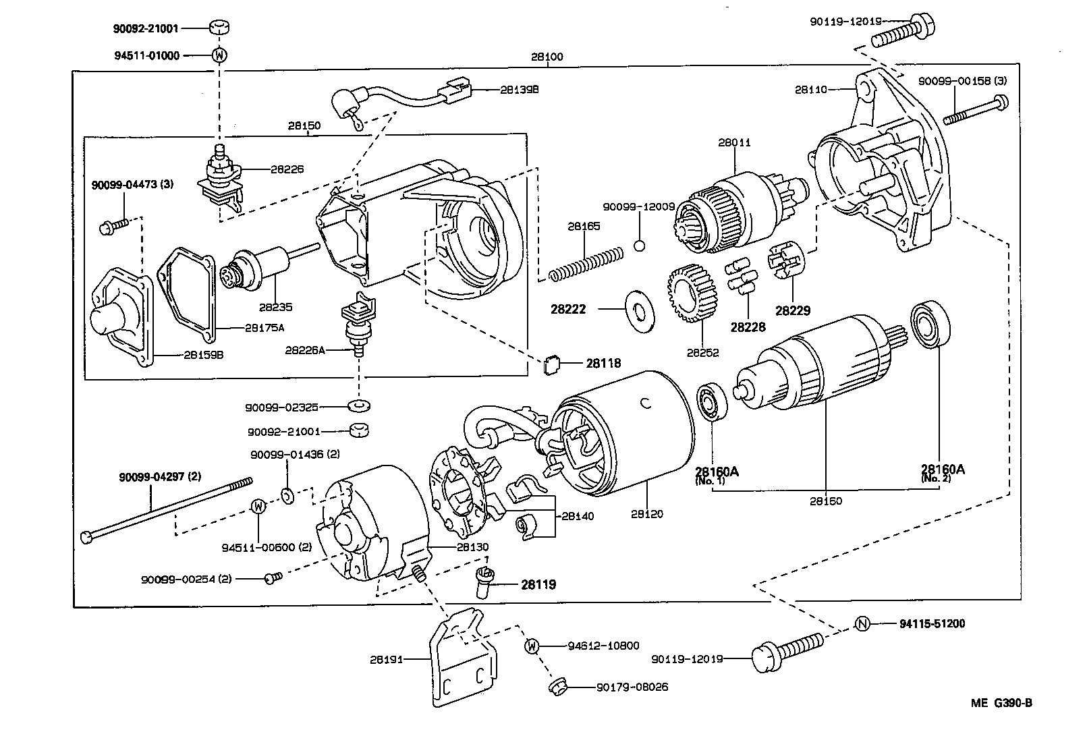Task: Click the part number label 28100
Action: click(x=547, y=57)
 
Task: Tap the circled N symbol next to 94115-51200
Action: click(x=862, y=624)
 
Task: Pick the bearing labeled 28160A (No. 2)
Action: click(x=931, y=326)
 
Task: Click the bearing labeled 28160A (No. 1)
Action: click(x=710, y=402)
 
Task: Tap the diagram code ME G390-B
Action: click(x=1001, y=703)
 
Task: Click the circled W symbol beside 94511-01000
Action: click(x=219, y=55)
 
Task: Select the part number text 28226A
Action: click(x=305, y=350)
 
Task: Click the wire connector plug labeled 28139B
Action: click(x=459, y=89)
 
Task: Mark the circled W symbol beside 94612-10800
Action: click(x=532, y=646)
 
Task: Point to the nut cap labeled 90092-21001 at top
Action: click(x=219, y=28)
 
